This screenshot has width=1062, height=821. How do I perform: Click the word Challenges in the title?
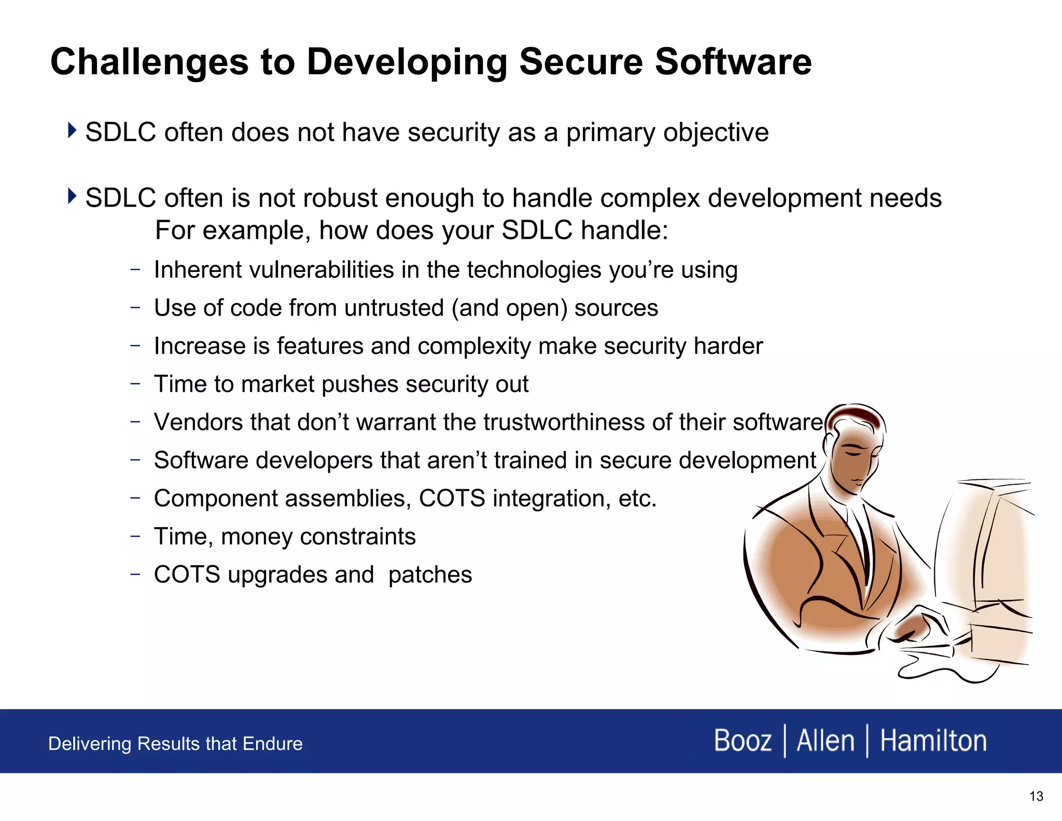pos(149,63)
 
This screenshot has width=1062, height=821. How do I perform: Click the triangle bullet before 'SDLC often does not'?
pos(72,130)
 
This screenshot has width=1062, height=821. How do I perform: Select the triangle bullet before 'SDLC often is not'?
pos(72,196)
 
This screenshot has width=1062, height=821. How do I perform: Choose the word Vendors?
pos(195,422)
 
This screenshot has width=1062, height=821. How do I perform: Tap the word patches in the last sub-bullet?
pos(430,574)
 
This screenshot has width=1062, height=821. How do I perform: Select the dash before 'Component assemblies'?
pos(135,498)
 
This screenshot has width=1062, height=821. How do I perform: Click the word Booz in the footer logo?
pos(743,741)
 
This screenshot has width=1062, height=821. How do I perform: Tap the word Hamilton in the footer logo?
pos(933,741)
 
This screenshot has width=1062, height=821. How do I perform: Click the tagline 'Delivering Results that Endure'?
pos(175,744)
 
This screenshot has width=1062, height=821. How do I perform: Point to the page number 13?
pos(1036,796)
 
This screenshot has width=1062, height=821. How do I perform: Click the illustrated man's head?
pos(856,446)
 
